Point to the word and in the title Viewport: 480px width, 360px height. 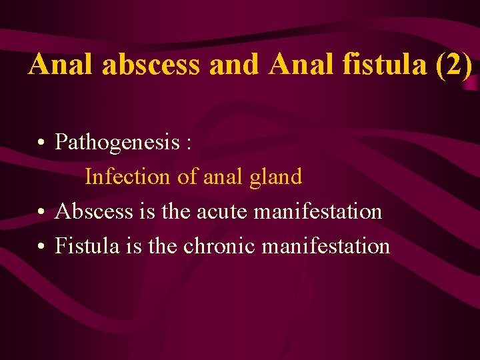tap(233, 65)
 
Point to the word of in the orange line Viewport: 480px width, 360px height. tap(187, 177)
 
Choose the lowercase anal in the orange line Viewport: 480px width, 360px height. tap(224, 177)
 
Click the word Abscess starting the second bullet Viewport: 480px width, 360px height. tap(94, 211)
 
